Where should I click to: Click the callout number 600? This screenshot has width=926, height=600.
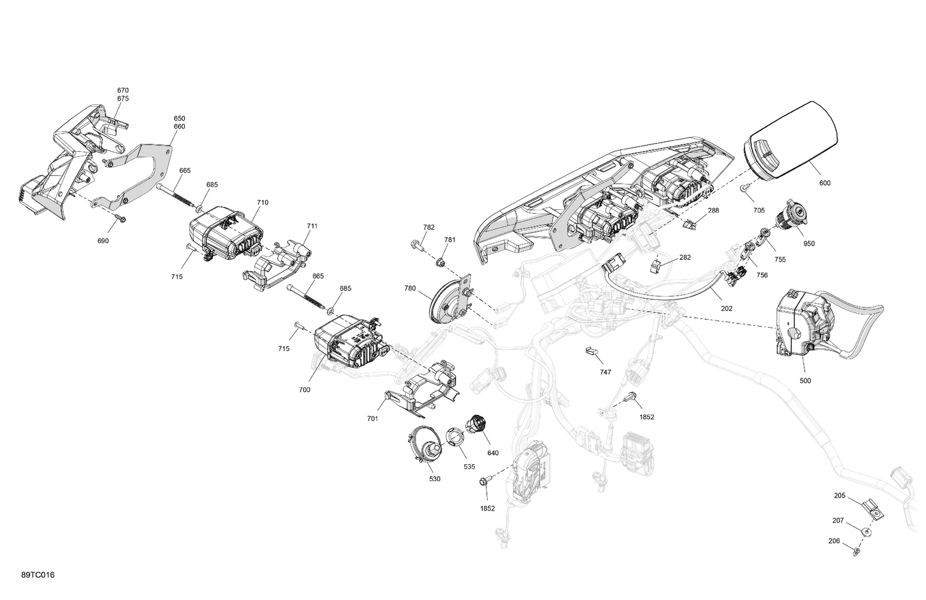pos(824,183)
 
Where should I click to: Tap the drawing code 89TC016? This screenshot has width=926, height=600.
pos(38,575)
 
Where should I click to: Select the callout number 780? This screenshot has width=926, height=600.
pos(410,288)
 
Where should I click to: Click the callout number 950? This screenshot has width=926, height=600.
pos(809,244)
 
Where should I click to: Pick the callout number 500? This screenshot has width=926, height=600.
pos(805,381)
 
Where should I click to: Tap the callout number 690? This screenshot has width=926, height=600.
pos(102,241)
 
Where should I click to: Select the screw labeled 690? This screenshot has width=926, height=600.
pos(120,218)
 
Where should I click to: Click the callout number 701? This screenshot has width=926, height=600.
pos(372,419)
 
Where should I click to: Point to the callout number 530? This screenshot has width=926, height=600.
pos(435,479)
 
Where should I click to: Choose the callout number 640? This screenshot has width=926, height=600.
pos(493,453)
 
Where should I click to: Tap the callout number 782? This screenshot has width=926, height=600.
pos(428,227)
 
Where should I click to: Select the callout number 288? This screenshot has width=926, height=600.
pos(713,210)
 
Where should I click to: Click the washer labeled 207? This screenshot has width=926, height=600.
pos(865,531)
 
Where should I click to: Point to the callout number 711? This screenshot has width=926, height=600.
pos(312,226)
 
